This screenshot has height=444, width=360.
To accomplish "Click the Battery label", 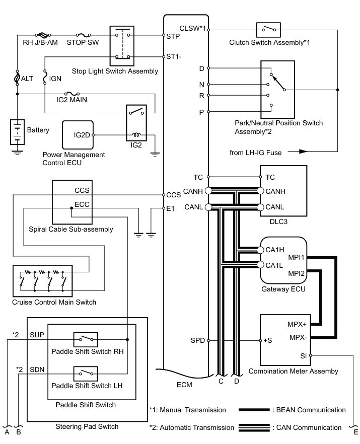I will point(38,130).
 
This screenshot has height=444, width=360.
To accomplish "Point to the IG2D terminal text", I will point(82,135).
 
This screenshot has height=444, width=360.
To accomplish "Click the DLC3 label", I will point(271,221).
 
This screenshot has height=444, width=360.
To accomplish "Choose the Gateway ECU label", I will point(276,290).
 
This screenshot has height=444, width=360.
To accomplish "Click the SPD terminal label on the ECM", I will point(198,340).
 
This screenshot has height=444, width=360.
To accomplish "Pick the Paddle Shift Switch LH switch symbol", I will point(86,374).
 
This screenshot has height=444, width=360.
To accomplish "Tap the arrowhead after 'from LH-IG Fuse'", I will point(302,151).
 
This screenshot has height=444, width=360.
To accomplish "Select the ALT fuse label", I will point(27,78).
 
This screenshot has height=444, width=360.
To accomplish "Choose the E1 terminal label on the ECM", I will point(170,208).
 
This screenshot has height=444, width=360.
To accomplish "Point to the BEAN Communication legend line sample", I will point(255,410).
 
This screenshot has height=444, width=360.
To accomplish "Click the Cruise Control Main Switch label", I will point(53,302).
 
